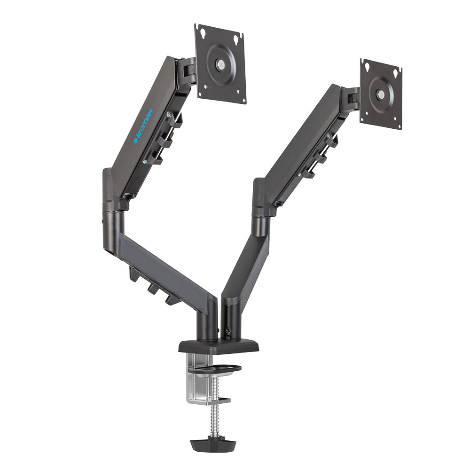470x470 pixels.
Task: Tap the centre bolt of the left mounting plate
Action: [x=221, y=63]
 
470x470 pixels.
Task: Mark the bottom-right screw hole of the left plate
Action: [x=239, y=92]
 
